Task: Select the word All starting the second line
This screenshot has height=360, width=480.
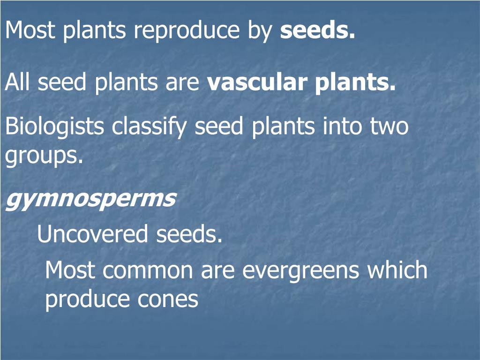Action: click(19, 82)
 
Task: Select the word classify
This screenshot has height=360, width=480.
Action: click(150, 127)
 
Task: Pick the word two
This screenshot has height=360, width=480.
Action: click(390, 127)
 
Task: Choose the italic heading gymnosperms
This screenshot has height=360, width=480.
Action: click(90, 200)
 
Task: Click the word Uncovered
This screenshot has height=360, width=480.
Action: click(92, 234)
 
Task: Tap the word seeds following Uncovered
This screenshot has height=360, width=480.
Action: click(189, 234)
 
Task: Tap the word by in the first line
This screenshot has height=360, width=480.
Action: click(259, 31)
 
